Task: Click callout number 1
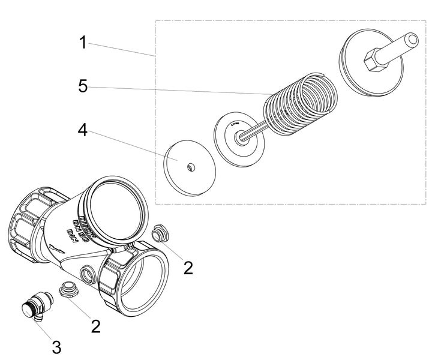click(x=83, y=43)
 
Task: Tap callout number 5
click(x=83, y=86)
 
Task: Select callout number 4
click(x=83, y=130)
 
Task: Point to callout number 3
click(x=56, y=346)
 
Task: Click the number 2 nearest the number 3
click(x=95, y=326)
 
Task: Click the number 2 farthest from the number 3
click(x=188, y=268)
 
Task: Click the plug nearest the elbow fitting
click(x=70, y=290)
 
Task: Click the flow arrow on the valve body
click(x=57, y=248)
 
